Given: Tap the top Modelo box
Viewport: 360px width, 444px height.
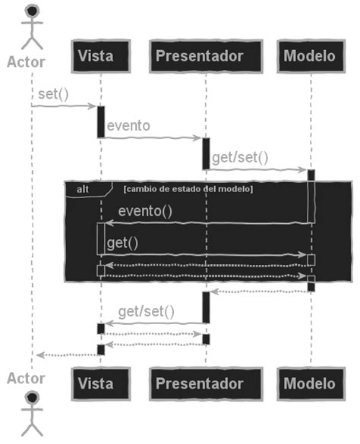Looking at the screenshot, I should (309, 56).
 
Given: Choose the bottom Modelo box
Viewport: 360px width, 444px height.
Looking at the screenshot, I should (309, 383).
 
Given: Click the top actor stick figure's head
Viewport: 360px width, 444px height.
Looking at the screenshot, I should (32, 11).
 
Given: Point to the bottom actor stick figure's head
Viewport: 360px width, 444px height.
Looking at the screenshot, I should (32, 398).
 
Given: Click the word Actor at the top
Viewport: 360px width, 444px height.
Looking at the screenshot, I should (26, 61).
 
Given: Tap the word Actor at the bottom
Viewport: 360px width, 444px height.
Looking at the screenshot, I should (26, 377).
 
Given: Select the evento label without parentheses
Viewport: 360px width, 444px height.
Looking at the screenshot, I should (128, 125).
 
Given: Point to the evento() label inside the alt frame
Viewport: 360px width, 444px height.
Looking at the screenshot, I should (145, 211).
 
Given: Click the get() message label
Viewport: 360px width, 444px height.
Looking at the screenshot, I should (122, 242).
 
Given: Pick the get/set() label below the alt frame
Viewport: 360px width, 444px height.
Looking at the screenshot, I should (147, 310).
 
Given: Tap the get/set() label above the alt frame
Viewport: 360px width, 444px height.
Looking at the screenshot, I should (240, 157).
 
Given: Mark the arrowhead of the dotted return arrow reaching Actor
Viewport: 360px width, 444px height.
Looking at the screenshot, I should (39, 354).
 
